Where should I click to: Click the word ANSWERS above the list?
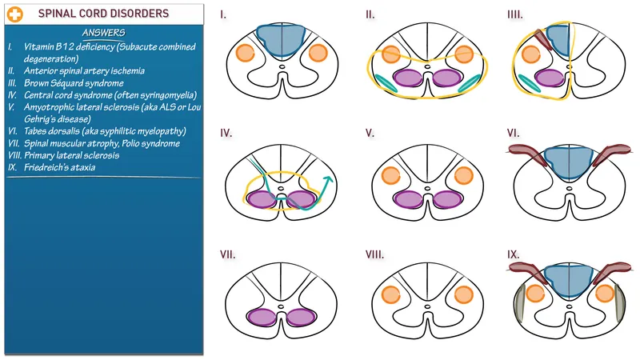[102, 33]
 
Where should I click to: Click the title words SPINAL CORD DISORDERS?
[103, 14]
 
